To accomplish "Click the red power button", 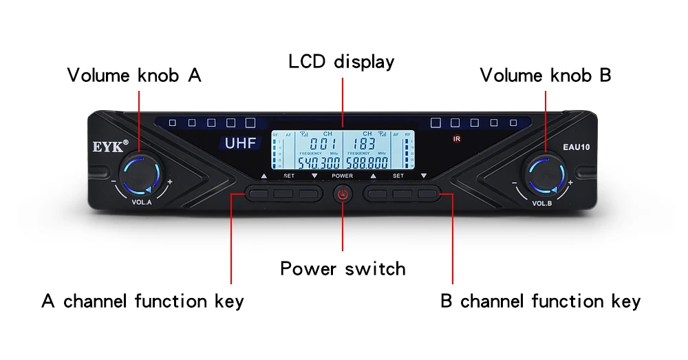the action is [x=343, y=195].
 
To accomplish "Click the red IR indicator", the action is [x=456, y=139].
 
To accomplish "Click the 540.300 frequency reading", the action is [x=319, y=163].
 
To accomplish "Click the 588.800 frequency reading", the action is [x=367, y=163].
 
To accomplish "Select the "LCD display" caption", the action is [x=341, y=61].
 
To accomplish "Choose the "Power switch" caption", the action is [x=343, y=268].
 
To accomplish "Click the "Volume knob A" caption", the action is [x=134, y=75].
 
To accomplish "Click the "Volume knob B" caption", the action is [x=545, y=75].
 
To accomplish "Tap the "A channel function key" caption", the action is [x=143, y=301].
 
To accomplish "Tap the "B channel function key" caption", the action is [x=540, y=301].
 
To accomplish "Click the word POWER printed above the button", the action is [x=342, y=176].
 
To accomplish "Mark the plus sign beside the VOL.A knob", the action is [x=170, y=182].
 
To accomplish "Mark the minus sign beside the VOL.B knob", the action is [x=515, y=182].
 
